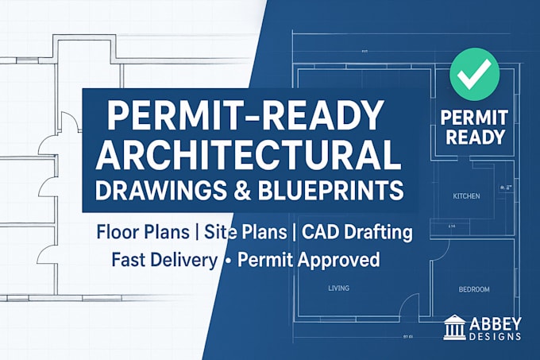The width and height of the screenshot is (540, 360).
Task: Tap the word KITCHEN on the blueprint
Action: coord(466,196)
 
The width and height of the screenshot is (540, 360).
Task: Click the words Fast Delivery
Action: coord(163,260)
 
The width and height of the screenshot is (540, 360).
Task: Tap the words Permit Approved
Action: coord(308,260)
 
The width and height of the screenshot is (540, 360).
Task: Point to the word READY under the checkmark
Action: coord(474,136)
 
